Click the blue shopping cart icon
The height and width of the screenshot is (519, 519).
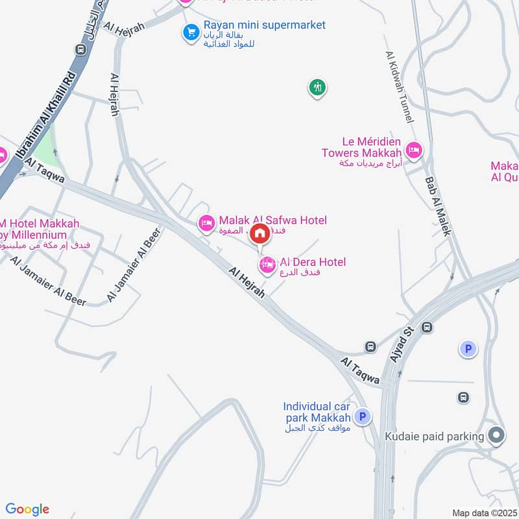coord(191,32)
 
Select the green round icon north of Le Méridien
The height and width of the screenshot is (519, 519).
coord(317,87)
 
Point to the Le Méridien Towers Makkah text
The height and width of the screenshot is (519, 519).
coord(362,147)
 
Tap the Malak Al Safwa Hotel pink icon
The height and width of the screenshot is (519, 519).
coord(206,223)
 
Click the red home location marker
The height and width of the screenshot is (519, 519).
coord(260,234)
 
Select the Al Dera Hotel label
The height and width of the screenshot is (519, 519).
coord(313,262)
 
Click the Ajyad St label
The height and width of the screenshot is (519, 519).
coord(402,344)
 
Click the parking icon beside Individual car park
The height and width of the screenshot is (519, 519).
coord(363,417)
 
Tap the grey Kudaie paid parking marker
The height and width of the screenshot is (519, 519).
coord(497,435)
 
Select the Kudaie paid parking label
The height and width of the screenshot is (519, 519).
coord(434,437)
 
